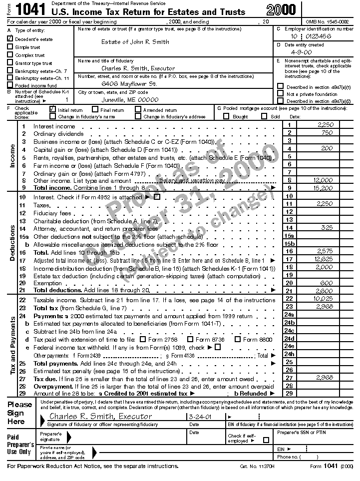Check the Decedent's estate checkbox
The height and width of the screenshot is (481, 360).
tap(10, 39)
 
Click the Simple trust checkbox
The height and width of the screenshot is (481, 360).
tap(10, 47)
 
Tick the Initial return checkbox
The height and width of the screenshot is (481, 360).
tap(53, 109)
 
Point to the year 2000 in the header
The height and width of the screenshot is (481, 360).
tap(281, 9)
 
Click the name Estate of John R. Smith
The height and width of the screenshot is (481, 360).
tap(135, 42)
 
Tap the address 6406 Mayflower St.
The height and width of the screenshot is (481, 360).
tap(129, 84)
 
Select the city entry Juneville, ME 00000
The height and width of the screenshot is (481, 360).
tap(130, 99)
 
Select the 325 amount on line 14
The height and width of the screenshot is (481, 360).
tap(326, 228)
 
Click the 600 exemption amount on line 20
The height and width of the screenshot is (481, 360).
tap(326, 283)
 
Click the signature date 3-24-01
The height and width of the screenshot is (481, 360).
tap(198, 416)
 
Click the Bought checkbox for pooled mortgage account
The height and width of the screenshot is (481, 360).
tap(225, 116)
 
